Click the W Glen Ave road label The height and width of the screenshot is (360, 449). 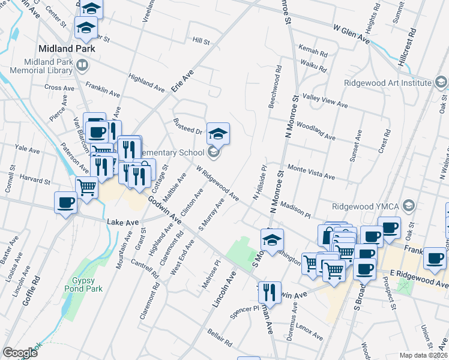pos(352,34)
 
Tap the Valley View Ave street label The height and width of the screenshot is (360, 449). pos(325,101)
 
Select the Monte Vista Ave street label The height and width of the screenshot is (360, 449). pos(310,172)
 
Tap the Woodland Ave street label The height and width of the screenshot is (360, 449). pos(315,132)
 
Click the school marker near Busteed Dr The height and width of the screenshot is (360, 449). pos(218,133)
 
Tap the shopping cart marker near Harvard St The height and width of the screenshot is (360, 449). pos(87,188)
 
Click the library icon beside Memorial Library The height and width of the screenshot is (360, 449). pos(82,64)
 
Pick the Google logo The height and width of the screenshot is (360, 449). pos(20,352)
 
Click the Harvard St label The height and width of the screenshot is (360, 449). pos(33,179)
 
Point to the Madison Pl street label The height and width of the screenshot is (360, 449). pos(295,211)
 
